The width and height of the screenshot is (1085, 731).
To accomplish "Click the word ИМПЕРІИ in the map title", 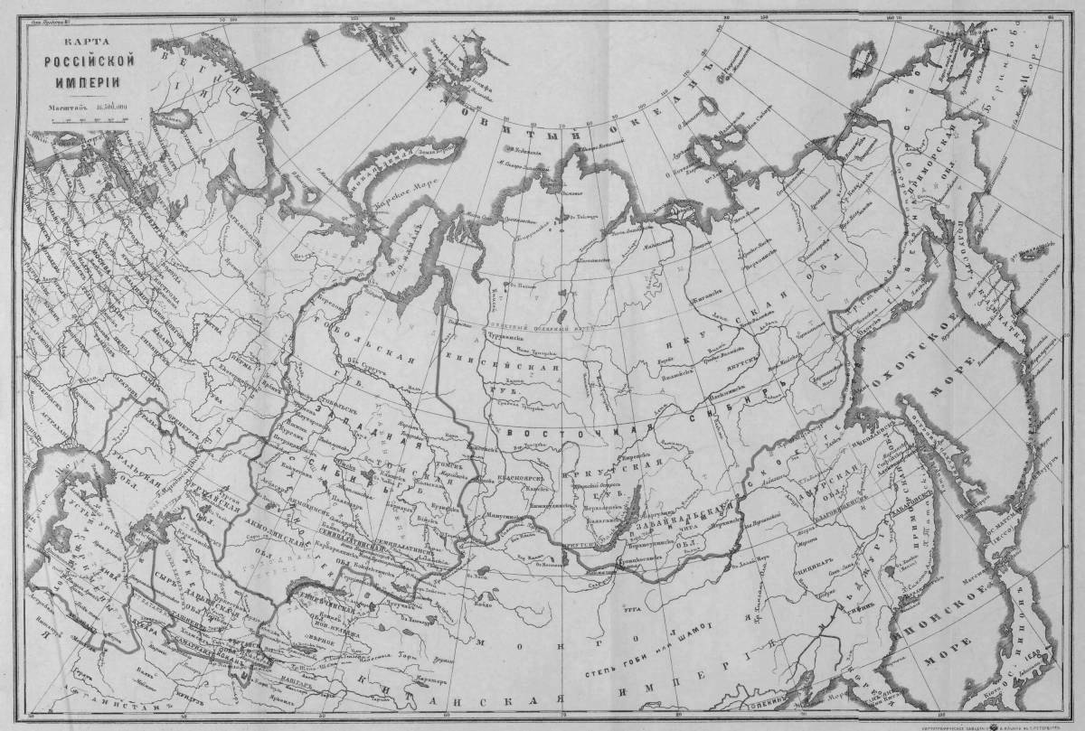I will [x=89, y=80].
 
